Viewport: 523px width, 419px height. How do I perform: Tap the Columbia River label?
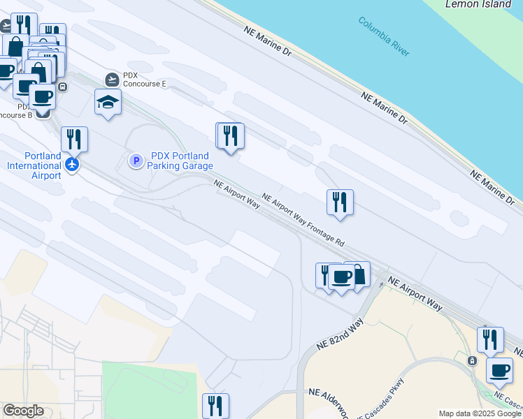pyautogui.click(x=384, y=36)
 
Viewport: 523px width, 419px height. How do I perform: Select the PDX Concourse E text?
pyautogui.click(x=145, y=79)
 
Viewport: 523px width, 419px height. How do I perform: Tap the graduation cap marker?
pyautogui.click(x=108, y=102)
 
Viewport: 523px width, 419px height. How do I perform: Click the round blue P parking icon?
pyautogui.click(x=136, y=161)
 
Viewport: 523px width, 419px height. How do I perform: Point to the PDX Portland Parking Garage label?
pyautogui.click(x=180, y=161)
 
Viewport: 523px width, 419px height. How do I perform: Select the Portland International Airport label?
pyautogui.click(x=34, y=166)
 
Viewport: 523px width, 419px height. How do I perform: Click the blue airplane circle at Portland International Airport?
pyautogui.click(x=72, y=165)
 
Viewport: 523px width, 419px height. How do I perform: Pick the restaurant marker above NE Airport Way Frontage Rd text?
pyautogui.click(x=340, y=203)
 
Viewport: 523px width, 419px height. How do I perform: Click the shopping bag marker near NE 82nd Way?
pyautogui.click(x=358, y=274)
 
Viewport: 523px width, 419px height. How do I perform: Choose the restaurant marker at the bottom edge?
pyautogui.click(x=215, y=406)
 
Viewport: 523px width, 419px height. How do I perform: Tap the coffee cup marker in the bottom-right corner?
pyautogui.click(x=500, y=370)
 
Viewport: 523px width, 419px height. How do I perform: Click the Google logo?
pyautogui.click(x=23, y=411)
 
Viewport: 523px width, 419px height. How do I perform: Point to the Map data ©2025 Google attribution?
pyautogui.click(x=480, y=413)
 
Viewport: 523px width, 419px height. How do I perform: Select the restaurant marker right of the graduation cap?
pyautogui.click(x=230, y=135)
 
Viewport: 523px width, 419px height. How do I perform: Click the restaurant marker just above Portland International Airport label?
pyautogui.click(x=74, y=140)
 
